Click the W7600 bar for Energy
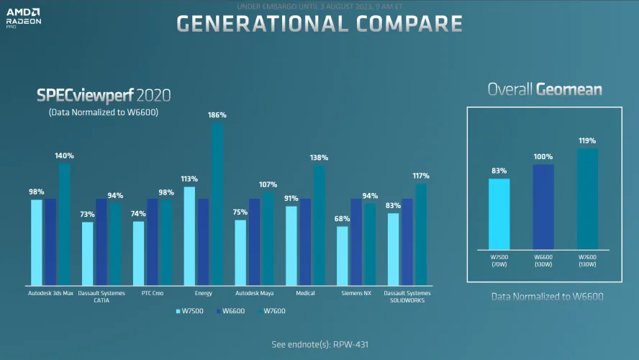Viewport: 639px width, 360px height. point(217,204)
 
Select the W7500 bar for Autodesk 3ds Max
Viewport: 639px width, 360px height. point(37,242)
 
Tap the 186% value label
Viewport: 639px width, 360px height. point(217,115)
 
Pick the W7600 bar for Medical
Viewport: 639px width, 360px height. point(319,225)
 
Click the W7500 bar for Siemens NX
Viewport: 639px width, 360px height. point(343,256)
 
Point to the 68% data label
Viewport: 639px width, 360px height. point(343,219)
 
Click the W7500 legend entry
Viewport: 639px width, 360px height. point(190,311)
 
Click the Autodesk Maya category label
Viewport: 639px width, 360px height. point(254,293)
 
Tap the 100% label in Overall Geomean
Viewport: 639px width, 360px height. point(543,156)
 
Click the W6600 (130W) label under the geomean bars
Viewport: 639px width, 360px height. point(543,259)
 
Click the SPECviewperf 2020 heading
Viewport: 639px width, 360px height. point(104,95)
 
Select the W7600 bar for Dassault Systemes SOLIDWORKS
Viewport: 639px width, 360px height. point(421,234)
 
